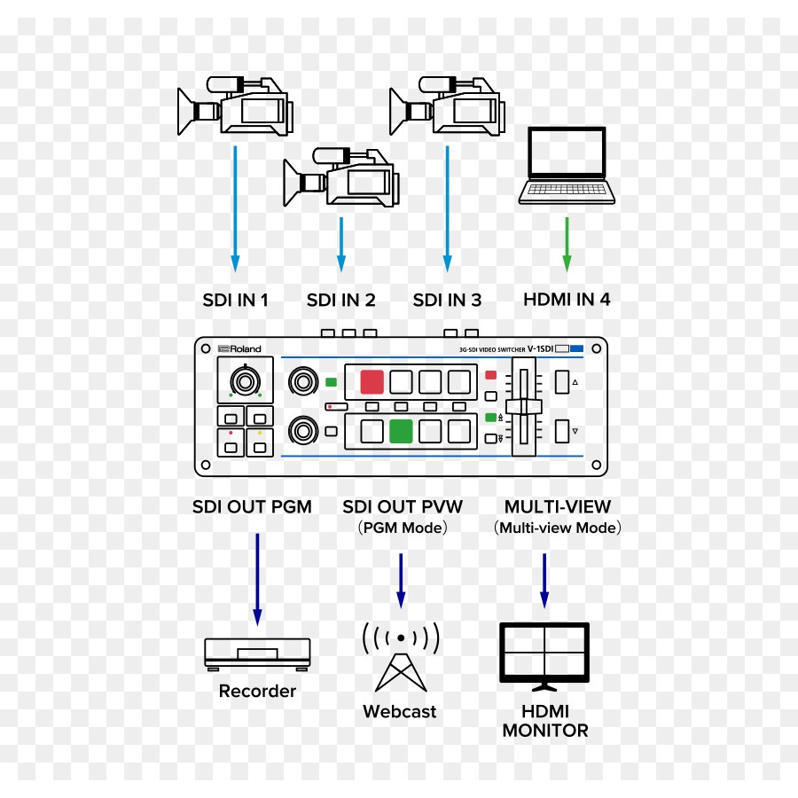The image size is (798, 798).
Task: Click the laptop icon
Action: [567, 166]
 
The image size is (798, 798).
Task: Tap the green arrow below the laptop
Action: [567, 243]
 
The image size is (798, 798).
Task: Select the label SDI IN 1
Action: [235, 300]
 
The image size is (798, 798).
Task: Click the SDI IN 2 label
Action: [341, 300]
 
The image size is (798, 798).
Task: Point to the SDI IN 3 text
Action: [447, 300]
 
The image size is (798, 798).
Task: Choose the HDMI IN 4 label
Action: [567, 300]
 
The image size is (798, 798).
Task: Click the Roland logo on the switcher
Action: [240, 349]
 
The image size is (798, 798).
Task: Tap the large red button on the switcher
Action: [372, 382]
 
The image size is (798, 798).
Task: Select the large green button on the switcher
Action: [401, 431]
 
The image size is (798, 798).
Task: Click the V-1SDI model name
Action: [541, 349]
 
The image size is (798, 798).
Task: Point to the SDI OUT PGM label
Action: [253, 507]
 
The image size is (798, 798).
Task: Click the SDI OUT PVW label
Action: [403, 507]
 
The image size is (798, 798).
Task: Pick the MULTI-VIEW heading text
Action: [558, 507]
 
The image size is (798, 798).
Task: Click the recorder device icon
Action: [257, 653]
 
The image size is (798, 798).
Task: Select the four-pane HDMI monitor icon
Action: [544, 654]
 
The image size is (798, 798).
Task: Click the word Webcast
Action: [400, 711]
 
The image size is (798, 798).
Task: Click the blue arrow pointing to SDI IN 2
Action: [341, 243]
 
